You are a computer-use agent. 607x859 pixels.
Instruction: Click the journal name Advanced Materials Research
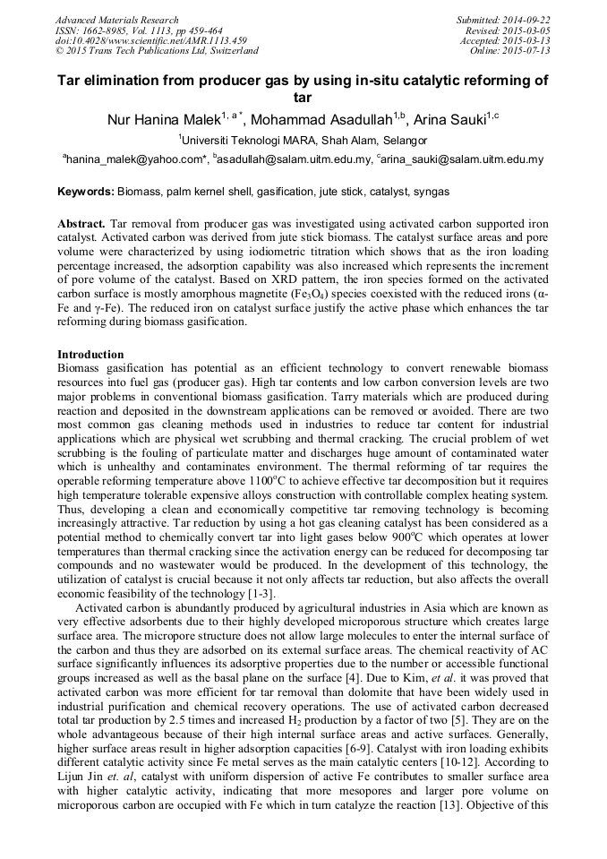click(x=116, y=20)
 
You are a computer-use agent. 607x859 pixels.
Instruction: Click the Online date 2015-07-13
click(x=529, y=51)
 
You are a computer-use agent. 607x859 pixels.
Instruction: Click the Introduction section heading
click(x=90, y=356)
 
